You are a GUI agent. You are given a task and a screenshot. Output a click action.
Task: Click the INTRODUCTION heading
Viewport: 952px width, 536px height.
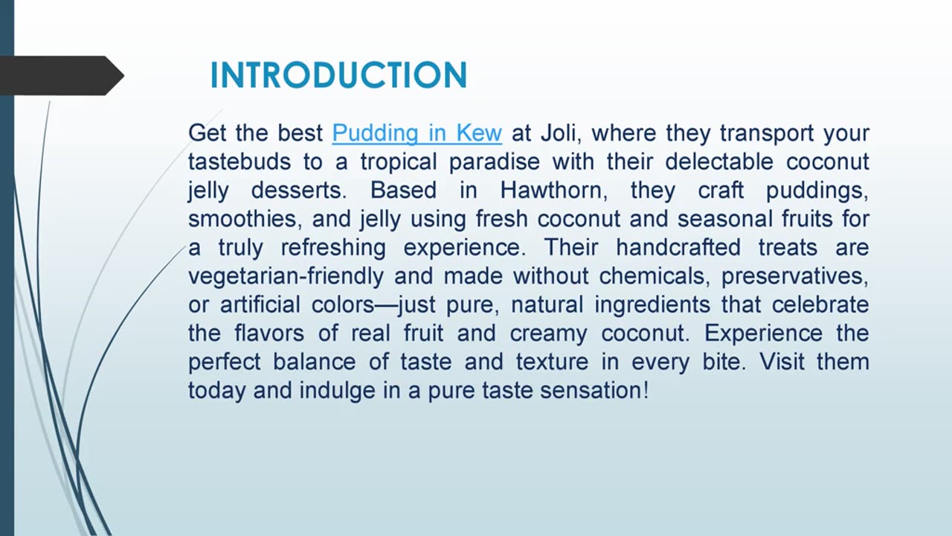coord(338,76)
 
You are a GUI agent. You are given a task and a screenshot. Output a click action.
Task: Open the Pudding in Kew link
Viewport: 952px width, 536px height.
coord(416,133)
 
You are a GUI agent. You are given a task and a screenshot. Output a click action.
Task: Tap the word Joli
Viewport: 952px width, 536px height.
coord(559,133)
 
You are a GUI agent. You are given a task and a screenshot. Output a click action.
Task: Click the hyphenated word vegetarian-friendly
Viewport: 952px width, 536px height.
coord(286,276)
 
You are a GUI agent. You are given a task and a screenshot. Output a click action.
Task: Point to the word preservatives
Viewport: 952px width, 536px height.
coord(794,276)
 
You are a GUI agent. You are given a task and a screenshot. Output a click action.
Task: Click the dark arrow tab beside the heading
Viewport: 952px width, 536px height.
coord(59,76)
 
